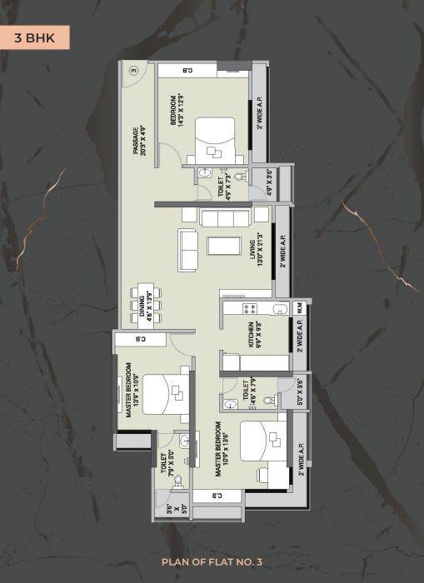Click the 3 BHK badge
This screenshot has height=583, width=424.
(x=34, y=37)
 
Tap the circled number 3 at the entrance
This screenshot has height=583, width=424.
(x=132, y=71)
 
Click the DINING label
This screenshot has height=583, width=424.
(x=146, y=304)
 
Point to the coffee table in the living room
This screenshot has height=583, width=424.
(x=223, y=245)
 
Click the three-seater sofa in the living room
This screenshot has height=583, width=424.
(x=225, y=218)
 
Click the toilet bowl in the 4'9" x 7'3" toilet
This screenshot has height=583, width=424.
(x=240, y=177)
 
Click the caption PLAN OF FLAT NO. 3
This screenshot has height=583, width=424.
(x=212, y=563)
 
